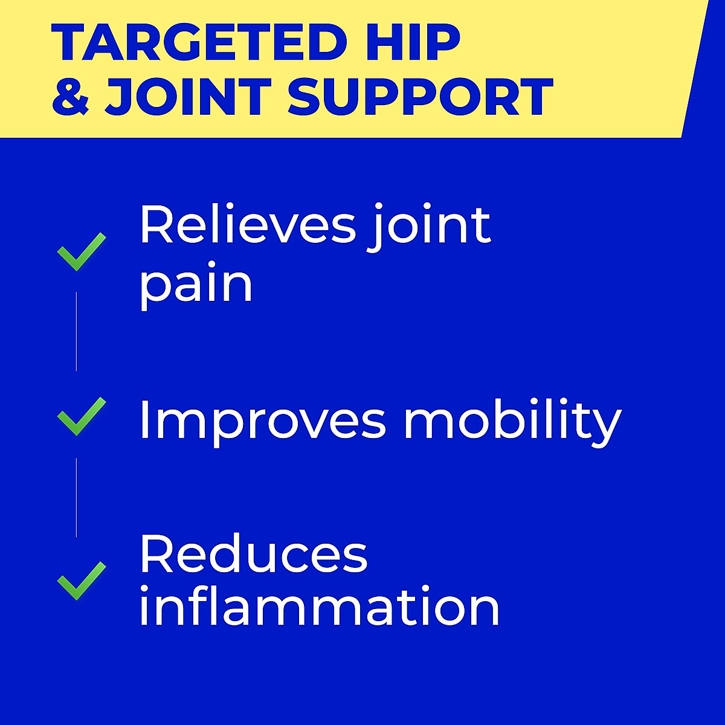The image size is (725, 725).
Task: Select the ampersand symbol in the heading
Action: click(71, 97)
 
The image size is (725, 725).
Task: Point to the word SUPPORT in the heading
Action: click(420, 97)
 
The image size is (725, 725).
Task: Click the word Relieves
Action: click(248, 225)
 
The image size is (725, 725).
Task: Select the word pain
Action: click(196, 284)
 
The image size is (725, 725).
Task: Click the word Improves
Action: click(262, 419)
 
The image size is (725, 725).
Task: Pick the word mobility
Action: click(512, 420)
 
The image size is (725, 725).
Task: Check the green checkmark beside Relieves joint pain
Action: click(81, 251)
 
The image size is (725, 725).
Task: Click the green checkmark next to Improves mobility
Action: click(81, 416)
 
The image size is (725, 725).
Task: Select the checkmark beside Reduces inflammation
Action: click(81, 581)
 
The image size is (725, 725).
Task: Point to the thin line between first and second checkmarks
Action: click(76, 331)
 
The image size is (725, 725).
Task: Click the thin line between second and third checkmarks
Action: click(76, 497)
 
